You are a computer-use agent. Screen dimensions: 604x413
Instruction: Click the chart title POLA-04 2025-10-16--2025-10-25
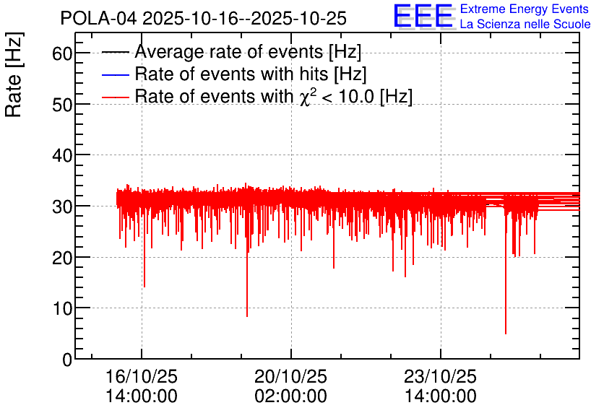[204, 18]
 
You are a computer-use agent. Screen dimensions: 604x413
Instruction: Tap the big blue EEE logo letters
[423, 16]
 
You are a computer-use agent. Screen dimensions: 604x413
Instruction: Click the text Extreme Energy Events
[524, 9]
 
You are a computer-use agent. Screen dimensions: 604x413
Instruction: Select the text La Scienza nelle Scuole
[525, 25]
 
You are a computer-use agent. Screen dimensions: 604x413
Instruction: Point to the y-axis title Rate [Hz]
[14, 74]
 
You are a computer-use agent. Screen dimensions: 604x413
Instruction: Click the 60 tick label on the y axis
[62, 53]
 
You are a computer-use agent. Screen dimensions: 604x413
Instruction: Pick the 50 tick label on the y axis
[62, 104]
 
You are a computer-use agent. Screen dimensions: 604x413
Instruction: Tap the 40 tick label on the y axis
[62, 155]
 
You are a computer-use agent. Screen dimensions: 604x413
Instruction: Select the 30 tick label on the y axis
[62, 206]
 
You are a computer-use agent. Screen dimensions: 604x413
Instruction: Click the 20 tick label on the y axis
[62, 258]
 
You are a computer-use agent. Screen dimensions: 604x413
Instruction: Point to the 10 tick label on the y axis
[62, 308]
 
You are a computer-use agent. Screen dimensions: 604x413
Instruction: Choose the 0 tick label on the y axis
[67, 360]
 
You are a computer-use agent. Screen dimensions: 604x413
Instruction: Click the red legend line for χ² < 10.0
[115, 97]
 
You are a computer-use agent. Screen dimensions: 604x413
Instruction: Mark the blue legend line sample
[115, 74]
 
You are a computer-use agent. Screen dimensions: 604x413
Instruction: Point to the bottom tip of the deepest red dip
[506, 334]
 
